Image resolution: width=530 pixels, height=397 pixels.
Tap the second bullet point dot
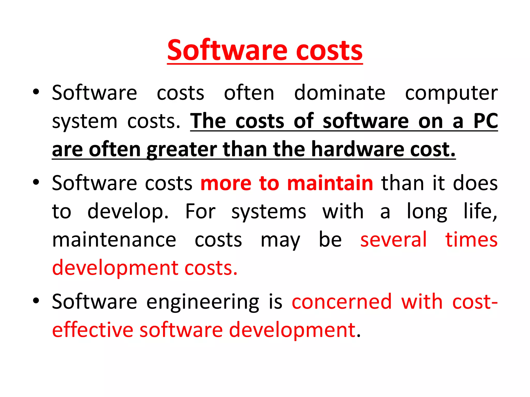click(36, 182)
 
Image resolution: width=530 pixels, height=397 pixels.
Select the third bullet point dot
click(36, 301)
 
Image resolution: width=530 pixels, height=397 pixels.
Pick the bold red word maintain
click(330, 183)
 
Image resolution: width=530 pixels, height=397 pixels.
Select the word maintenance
click(114, 240)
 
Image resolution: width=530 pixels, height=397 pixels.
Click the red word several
click(393, 240)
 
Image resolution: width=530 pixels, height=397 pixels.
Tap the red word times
click(471, 240)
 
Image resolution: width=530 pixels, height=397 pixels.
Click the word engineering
click(203, 302)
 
